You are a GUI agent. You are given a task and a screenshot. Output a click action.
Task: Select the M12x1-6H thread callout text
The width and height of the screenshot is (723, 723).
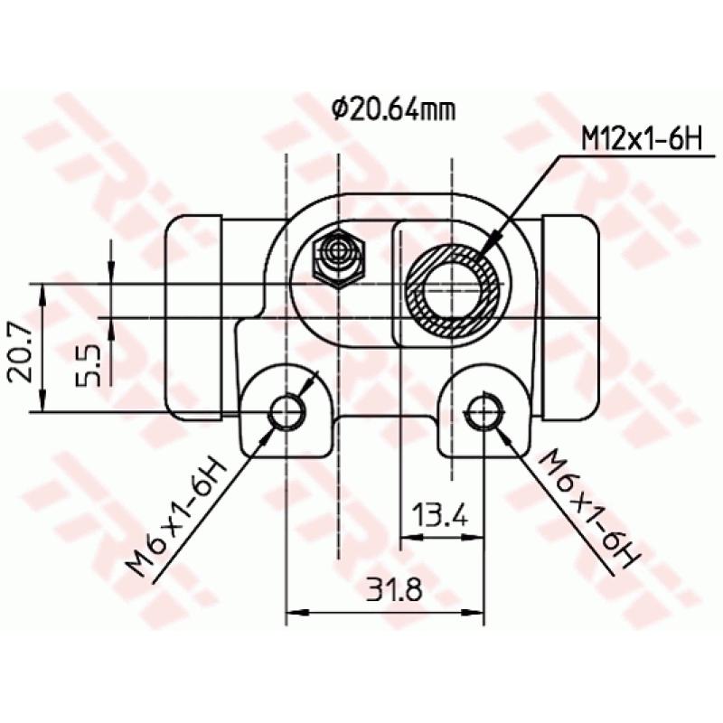pos(641,140)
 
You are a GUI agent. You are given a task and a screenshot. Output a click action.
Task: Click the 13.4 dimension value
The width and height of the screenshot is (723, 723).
pos(440,516)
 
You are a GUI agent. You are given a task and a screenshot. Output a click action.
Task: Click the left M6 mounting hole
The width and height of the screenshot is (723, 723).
pos(287,412)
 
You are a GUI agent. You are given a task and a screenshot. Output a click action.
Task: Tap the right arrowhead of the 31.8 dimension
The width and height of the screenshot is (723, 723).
pos(476,614)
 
